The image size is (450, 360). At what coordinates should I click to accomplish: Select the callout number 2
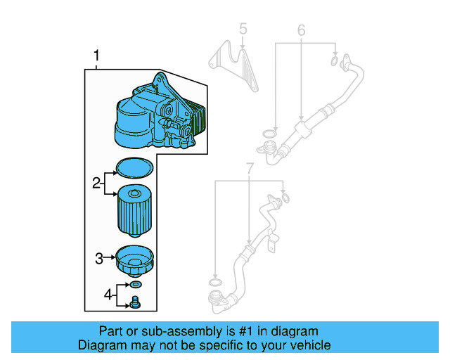pos(96,184)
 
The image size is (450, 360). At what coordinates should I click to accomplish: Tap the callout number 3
pos(99,259)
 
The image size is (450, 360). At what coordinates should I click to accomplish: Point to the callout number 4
pos(108,295)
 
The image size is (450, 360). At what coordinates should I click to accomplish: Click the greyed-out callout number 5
pos(243,29)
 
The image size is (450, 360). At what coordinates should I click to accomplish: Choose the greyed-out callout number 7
pos(250,168)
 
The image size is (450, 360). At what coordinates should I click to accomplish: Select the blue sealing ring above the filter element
pos(134,167)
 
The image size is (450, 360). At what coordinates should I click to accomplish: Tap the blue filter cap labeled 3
pos(134,262)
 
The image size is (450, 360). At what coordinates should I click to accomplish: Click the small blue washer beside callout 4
pos(135,285)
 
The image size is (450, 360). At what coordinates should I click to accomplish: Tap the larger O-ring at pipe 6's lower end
pos(269,134)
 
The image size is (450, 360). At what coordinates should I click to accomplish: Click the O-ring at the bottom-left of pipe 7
pos(217,283)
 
